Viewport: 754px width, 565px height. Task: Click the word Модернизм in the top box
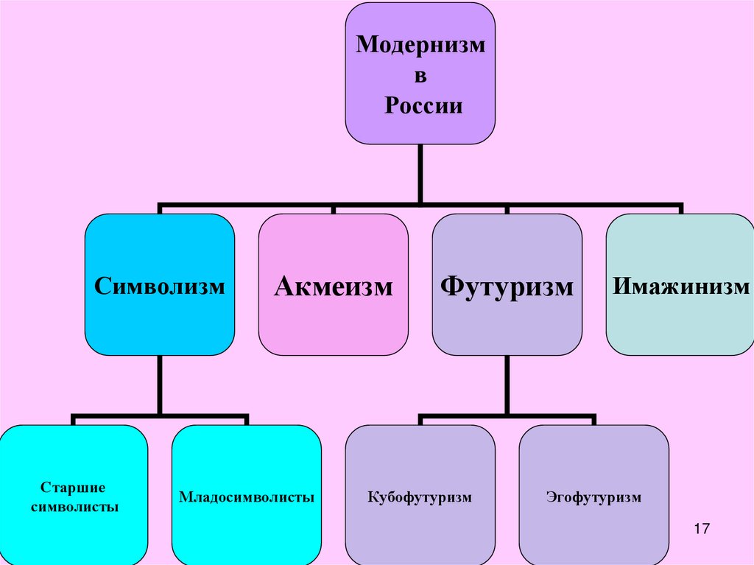[x=420, y=45]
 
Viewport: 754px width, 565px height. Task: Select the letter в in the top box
[x=421, y=76]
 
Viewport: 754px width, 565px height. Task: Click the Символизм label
[x=159, y=286]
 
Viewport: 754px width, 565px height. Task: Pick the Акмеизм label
[x=333, y=286]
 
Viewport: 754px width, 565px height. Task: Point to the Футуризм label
[x=507, y=286]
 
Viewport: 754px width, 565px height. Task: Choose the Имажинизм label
[x=680, y=286]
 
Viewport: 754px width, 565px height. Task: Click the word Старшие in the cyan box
[x=73, y=488]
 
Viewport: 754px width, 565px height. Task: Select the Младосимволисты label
[x=247, y=497]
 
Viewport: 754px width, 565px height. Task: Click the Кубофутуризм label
[x=420, y=498]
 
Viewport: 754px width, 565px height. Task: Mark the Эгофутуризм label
[x=594, y=498]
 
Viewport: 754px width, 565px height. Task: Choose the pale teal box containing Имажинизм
[x=680, y=324]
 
